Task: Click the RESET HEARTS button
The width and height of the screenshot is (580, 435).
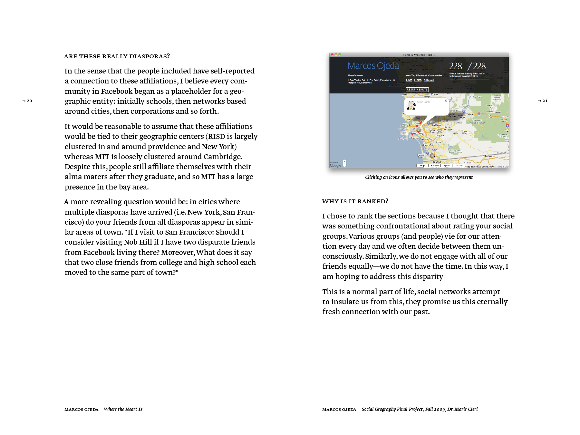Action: coord(417,90)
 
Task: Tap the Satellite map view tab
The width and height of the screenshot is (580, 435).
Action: coord(434,166)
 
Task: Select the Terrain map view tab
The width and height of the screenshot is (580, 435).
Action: coord(459,166)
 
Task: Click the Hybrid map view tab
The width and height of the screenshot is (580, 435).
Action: coord(447,166)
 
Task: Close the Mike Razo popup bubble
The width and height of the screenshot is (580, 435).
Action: coord(446,101)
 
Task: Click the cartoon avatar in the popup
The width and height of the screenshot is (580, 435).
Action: coord(411,105)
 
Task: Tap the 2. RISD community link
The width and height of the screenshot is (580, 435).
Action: coord(418,80)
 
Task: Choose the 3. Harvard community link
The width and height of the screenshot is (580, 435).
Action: coord(429,80)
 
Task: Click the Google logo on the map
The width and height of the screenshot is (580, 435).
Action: coord(335,165)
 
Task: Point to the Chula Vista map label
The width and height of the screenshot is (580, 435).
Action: coord(428,145)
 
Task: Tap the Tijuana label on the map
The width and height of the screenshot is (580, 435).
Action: coord(437,162)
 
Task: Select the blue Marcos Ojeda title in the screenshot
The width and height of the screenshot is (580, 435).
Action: coord(373,66)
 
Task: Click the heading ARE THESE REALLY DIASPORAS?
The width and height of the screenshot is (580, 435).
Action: coord(117,56)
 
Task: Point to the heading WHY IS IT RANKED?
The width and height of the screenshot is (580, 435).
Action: coord(355,201)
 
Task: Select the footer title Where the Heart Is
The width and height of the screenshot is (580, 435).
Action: coord(123,409)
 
